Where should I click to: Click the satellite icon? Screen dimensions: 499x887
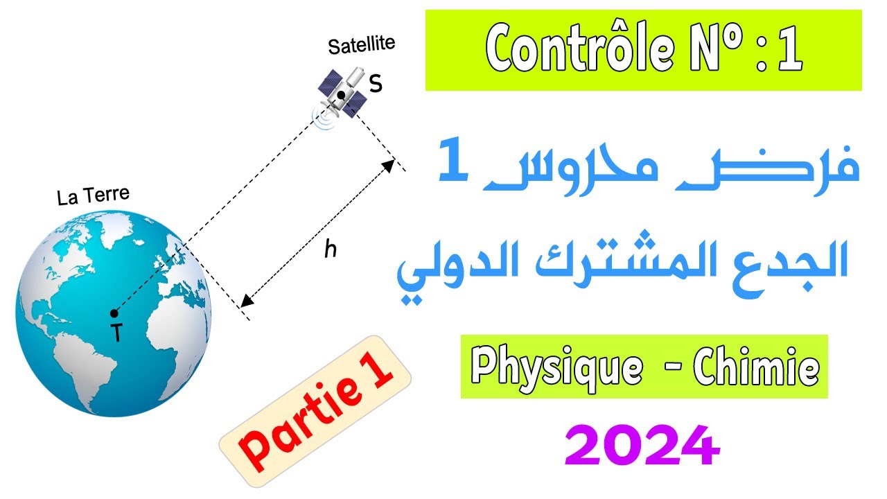tap(342, 94)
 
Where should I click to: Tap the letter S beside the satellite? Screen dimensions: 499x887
tap(376, 84)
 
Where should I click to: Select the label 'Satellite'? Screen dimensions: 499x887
tap(361, 45)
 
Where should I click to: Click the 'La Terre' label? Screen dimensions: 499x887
tap(93, 198)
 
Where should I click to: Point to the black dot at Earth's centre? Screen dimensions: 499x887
tap(114, 313)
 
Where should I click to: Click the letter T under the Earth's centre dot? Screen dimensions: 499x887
tap(116, 334)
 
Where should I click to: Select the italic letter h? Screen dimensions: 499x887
tap(331, 249)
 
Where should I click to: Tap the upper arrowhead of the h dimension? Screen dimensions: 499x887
tap(391, 165)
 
